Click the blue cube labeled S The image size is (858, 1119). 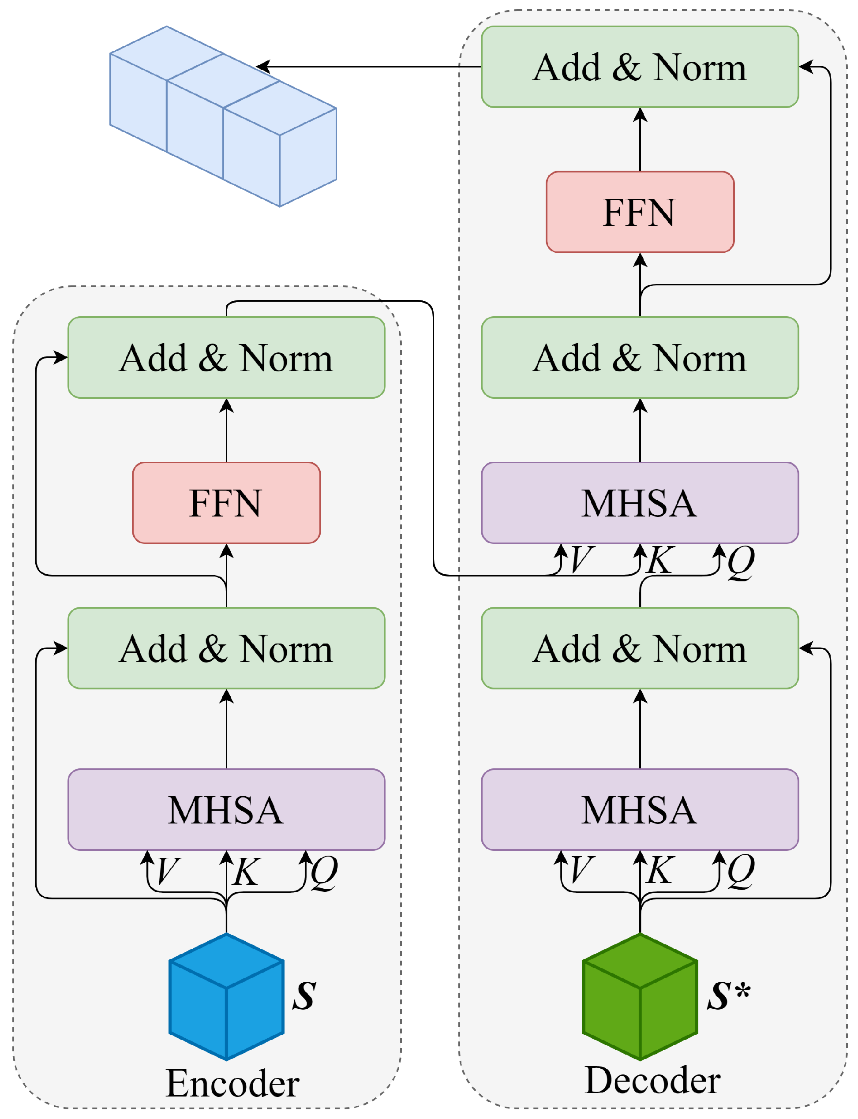coord(226,996)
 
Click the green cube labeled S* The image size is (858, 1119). coord(640,996)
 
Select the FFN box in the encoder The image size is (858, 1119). coord(226,502)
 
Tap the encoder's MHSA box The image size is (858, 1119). coord(226,809)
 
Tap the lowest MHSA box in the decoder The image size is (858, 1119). coord(640,809)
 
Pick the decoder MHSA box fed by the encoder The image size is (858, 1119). coord(640,502)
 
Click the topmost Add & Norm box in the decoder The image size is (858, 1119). coord(640,67)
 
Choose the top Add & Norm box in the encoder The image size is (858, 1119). coord(226,358)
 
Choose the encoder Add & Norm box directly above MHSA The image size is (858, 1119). coord(226,648)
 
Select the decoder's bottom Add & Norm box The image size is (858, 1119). coord(640,648)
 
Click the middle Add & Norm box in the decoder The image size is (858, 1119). coord(640,358)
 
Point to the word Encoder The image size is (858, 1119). coord(233,1083)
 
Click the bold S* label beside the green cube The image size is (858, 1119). coord(729,995)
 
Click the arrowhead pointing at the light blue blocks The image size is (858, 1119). coord(262,67)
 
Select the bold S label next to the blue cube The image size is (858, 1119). coord(304,995)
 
